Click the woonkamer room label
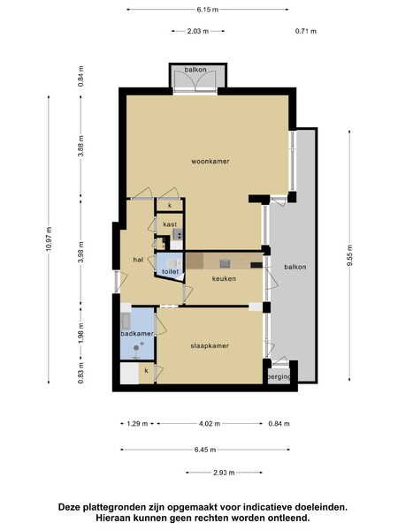210,162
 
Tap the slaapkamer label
210,345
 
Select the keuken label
224,278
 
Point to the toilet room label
170,271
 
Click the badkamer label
137,334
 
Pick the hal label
138,260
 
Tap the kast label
170,224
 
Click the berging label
279,377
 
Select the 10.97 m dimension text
50,239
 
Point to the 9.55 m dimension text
349,255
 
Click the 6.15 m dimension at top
208,10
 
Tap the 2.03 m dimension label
198,31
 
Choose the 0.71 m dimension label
306,31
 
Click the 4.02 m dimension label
210,423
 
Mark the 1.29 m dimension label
137,423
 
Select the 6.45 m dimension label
205,450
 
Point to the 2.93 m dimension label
224,473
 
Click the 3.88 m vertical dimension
80,146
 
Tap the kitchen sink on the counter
224,263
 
